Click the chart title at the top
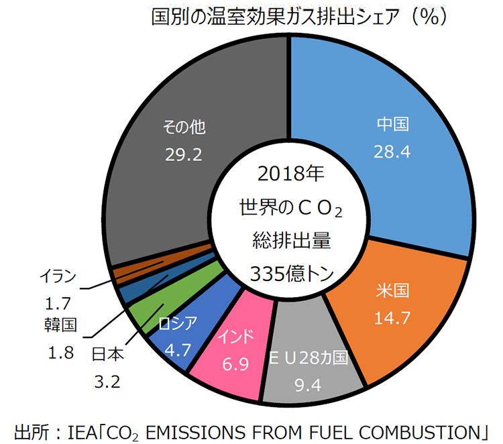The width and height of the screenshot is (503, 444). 298,17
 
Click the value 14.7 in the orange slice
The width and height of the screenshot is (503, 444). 392,318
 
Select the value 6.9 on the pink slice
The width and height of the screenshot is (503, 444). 235,365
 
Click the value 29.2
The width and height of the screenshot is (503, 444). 184,155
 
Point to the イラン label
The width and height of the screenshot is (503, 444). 58,276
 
